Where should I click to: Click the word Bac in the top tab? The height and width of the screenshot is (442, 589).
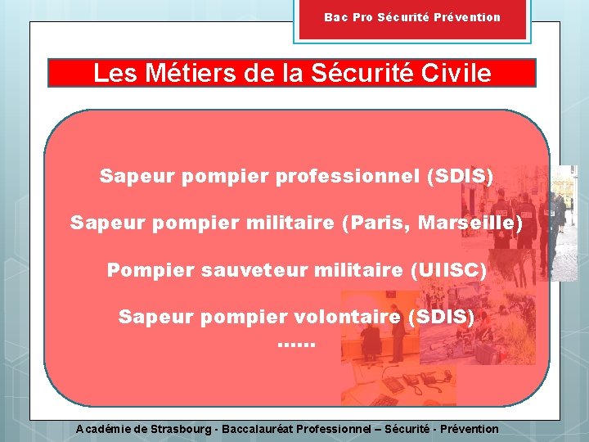[336, 17]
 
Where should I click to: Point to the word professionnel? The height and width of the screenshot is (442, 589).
[348, 176]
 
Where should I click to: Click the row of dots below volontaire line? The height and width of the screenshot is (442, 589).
[295, 344]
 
